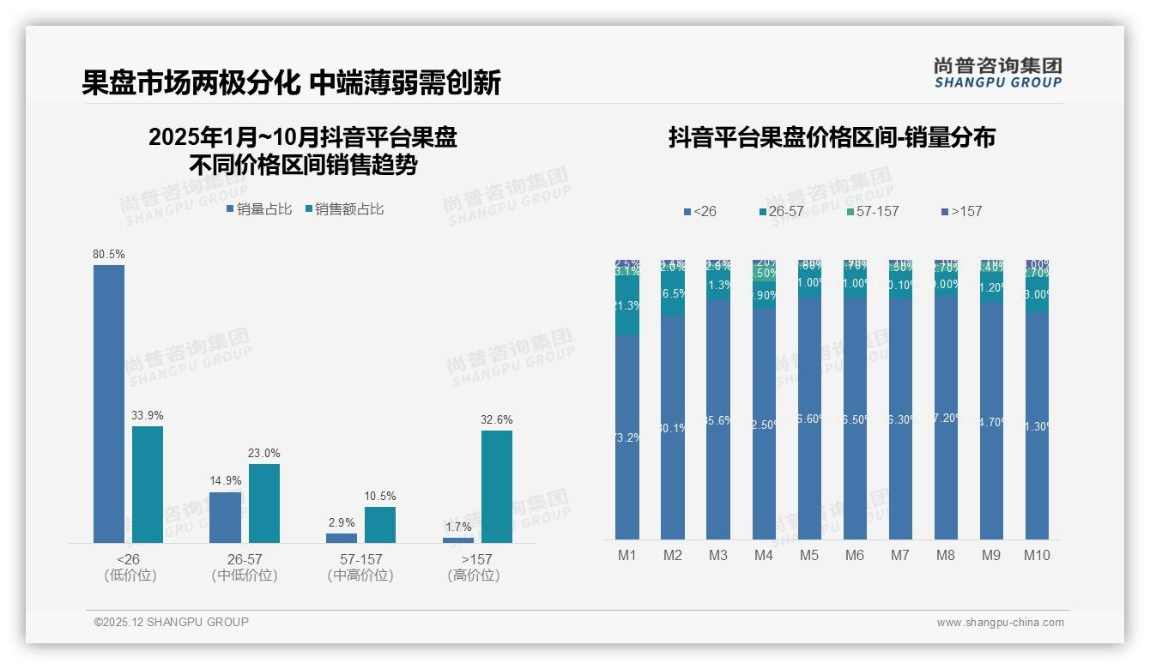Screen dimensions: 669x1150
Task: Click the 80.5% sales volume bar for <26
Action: click(109, 403)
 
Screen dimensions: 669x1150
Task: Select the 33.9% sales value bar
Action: click(148, 485)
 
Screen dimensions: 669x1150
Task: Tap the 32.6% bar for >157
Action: click(497, 486)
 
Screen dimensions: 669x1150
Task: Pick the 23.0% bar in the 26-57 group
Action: click(264, 503)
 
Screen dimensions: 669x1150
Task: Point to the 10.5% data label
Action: click(380, 497)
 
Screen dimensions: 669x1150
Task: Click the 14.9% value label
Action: click(226, 481)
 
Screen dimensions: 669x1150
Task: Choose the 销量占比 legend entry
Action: click(259, 209)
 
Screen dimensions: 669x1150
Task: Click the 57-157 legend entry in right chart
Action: click(872, 211)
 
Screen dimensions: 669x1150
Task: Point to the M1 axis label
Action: click(627, 556)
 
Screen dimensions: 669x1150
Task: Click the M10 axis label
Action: click(1037, 556)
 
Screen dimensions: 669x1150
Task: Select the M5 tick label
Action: click(809, 556)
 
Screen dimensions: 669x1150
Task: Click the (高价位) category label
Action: click(474, 576)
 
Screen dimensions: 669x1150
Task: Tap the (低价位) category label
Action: click(130, 576)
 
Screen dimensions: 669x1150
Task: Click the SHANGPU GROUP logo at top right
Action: click(998, 73)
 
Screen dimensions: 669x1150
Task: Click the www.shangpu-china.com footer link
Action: click(1000, 623)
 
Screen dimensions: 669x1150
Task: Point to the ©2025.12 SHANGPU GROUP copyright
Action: click(172, 623)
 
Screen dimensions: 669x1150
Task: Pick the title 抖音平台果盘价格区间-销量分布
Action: click(832, 138)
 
